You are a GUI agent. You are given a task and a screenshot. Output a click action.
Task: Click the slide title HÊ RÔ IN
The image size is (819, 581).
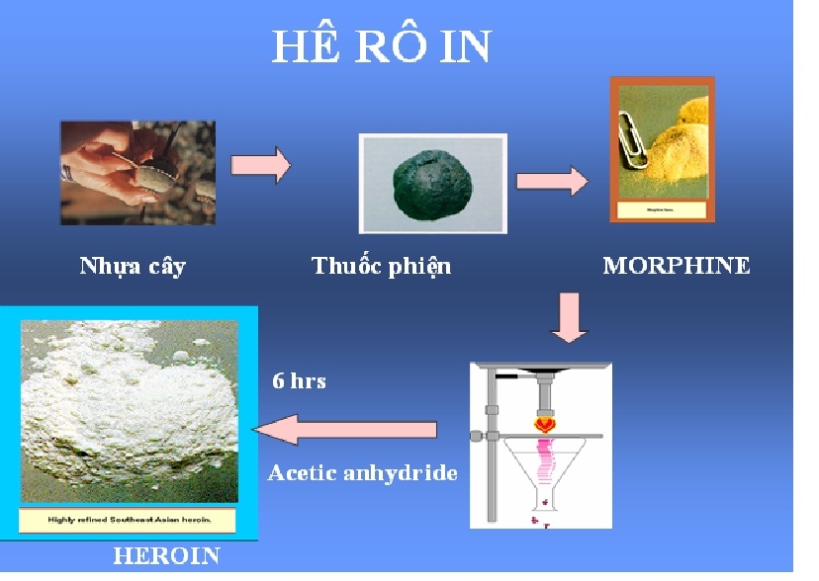[x=381, y=46]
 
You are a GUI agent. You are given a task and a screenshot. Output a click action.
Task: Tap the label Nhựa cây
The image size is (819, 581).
[x=132, y=267]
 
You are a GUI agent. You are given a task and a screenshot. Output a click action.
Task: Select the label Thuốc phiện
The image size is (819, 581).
[x=381, y=267]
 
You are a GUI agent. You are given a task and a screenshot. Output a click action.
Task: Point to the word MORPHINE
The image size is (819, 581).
[x=677, y=266]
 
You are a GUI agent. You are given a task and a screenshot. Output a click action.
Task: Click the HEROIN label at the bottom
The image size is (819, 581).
[x=165, y=556]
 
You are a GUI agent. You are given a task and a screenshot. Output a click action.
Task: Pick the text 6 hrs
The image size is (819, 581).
[x=299, y=380]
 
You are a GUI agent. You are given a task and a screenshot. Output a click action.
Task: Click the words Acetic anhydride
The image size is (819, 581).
[x=362, y=473]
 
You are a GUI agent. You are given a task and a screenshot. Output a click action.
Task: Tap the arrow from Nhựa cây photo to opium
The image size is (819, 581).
[x=260, y=164]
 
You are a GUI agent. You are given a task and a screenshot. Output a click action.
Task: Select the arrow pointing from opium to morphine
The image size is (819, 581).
[x=551, y=181]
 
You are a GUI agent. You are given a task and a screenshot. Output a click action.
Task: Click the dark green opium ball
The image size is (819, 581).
[x=431, y=181]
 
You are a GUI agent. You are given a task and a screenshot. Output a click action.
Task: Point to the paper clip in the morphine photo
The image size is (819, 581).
[x=632, y=132]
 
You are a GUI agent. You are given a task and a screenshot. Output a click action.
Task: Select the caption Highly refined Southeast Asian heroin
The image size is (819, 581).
[x=129, y=520]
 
